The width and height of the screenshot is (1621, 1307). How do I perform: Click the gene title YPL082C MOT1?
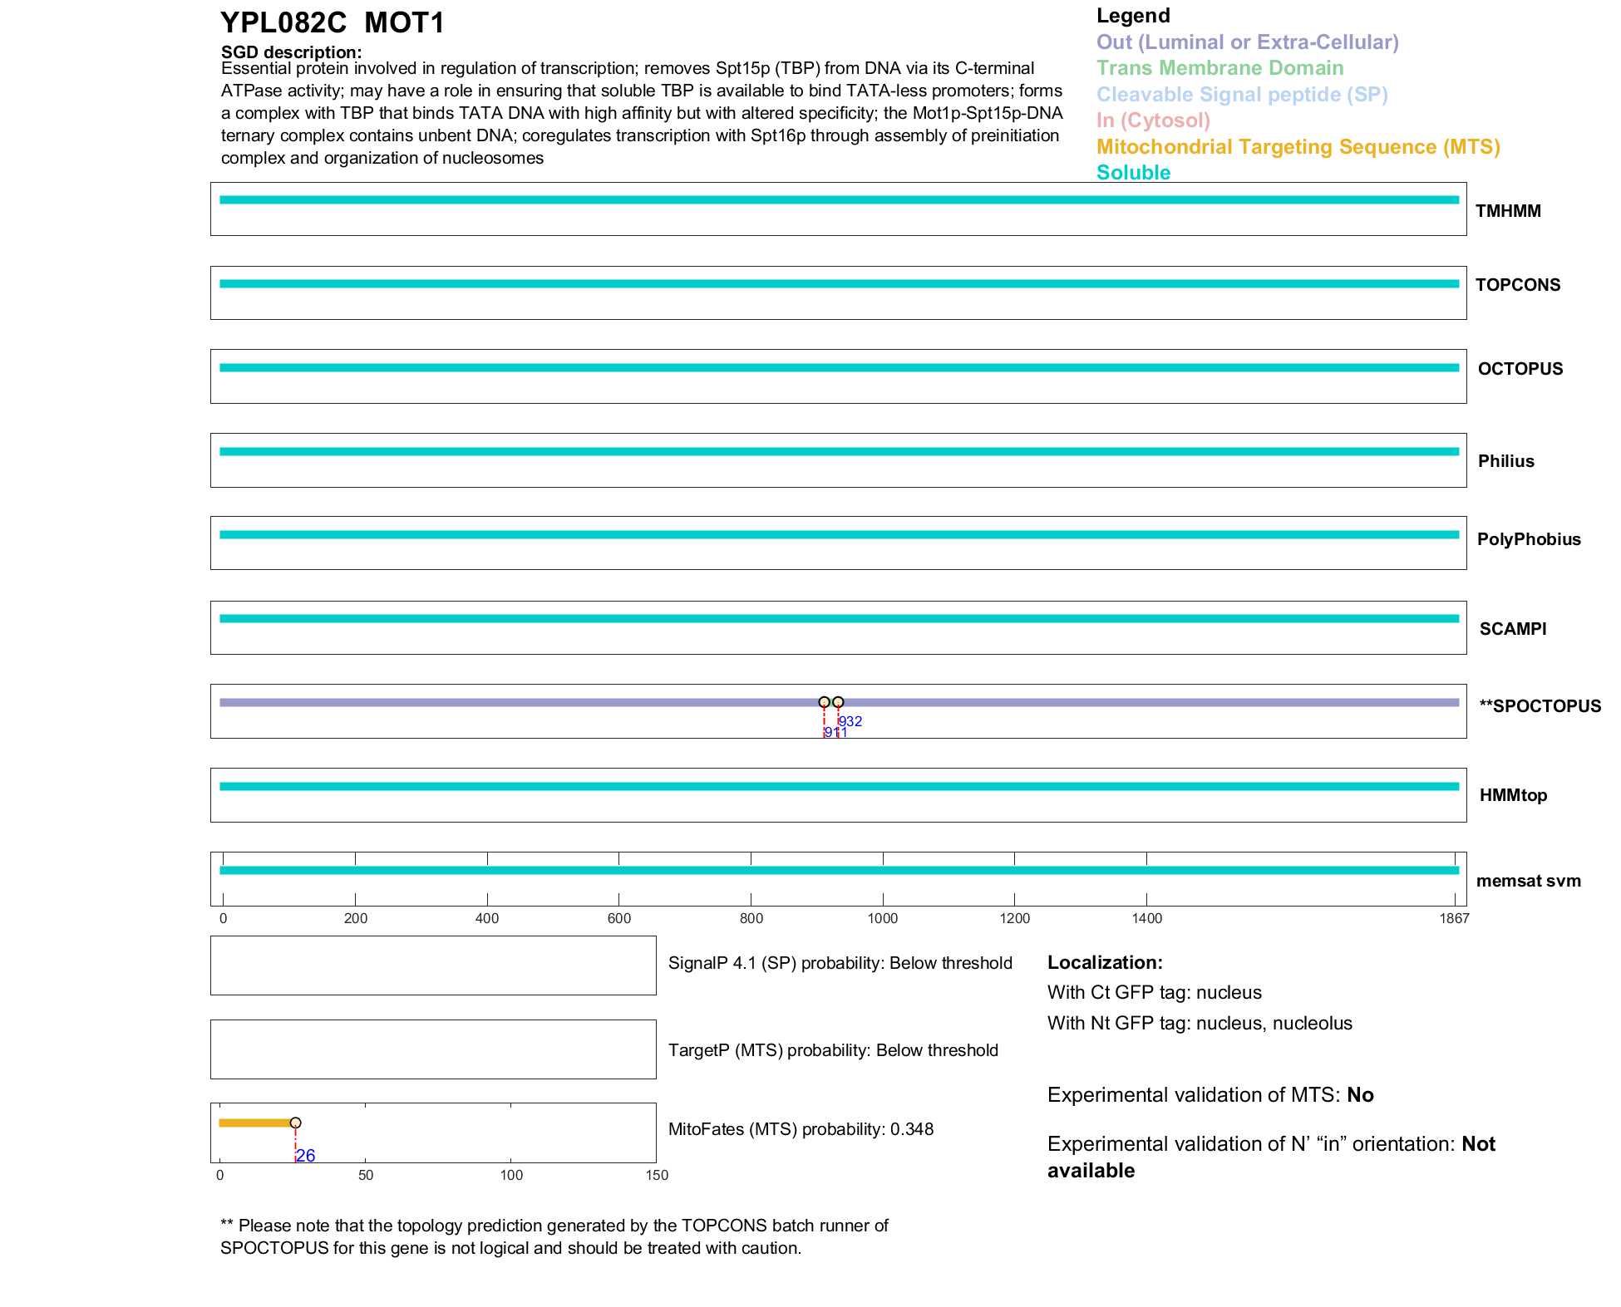point(333,23)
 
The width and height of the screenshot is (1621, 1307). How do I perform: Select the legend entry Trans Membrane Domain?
point(1219,68)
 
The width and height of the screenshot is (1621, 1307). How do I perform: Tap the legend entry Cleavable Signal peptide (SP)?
point(1242,95)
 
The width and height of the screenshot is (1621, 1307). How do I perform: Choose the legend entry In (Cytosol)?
point(1153,120)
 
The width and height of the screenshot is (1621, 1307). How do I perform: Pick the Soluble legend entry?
point(1133,173)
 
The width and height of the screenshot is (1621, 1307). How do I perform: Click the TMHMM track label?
point(1508,211)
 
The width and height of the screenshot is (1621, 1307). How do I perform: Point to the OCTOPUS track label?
point(1520,369)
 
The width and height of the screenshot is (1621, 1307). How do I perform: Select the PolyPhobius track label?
point(1529,539)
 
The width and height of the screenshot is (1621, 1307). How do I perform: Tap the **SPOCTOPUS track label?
point(1540,706)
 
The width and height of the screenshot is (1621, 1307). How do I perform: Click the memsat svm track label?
point(1529,881)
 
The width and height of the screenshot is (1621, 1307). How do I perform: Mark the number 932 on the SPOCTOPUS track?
point(850,721)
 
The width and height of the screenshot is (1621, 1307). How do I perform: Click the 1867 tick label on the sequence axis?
point(1455,918)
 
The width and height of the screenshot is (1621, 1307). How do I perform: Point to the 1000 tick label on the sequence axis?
point(883,918)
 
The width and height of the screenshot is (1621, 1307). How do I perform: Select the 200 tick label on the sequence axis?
point(356,918)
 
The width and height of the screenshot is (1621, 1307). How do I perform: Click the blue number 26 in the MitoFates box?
point(306,1156)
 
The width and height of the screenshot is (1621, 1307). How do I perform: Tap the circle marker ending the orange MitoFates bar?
point(295,1123)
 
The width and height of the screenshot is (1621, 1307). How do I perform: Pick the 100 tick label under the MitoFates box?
point(511,1175)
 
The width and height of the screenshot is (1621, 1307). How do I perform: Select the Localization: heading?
point(1105,962)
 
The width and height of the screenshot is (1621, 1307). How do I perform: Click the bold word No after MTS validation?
point(1360,1095)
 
